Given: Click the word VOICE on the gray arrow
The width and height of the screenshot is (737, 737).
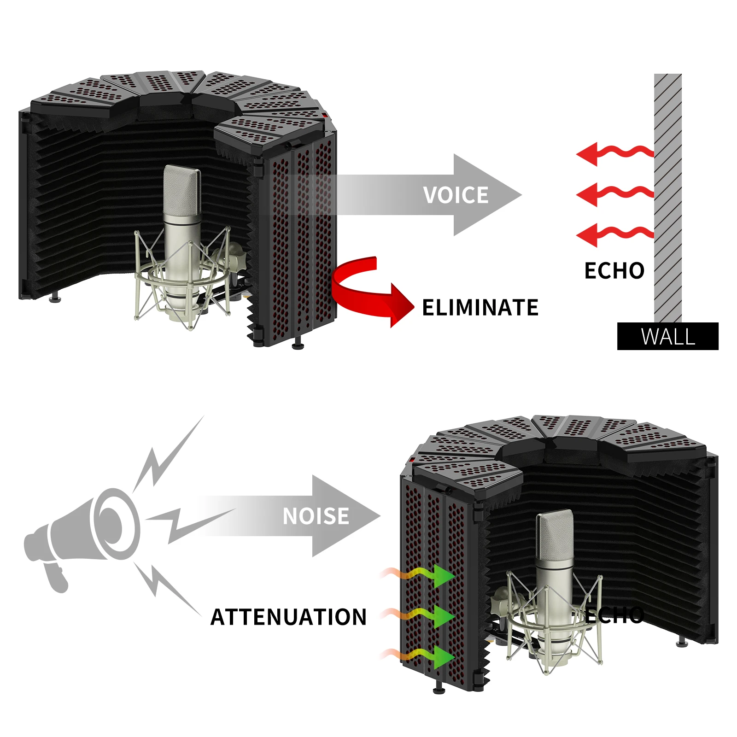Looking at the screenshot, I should coord(456,195).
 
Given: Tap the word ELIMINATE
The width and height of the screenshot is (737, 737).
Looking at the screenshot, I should coord(480,308).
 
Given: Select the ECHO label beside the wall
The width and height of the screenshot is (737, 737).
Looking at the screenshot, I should coord(614,271).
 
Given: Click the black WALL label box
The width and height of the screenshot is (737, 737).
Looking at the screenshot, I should coord(667,336).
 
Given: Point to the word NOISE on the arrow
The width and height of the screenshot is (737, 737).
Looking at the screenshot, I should coord(316,516).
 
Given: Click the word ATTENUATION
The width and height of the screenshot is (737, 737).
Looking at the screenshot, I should coord(288,617).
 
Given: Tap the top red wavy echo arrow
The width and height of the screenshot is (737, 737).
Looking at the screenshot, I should coord(613,153).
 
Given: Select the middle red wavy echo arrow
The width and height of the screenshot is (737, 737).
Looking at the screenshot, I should coord(613,194).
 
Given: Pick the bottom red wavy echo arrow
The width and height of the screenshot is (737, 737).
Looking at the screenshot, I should coord(613,234).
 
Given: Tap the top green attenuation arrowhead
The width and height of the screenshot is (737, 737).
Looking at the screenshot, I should coord(443,576).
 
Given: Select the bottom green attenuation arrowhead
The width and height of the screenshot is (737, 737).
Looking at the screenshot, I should coord(443,657).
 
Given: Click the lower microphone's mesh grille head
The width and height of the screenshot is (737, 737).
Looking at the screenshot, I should coord(555,534).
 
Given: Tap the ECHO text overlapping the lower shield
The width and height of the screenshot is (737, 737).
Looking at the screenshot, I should coord(615,615).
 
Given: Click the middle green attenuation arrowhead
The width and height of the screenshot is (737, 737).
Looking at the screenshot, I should coord(443,616).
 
